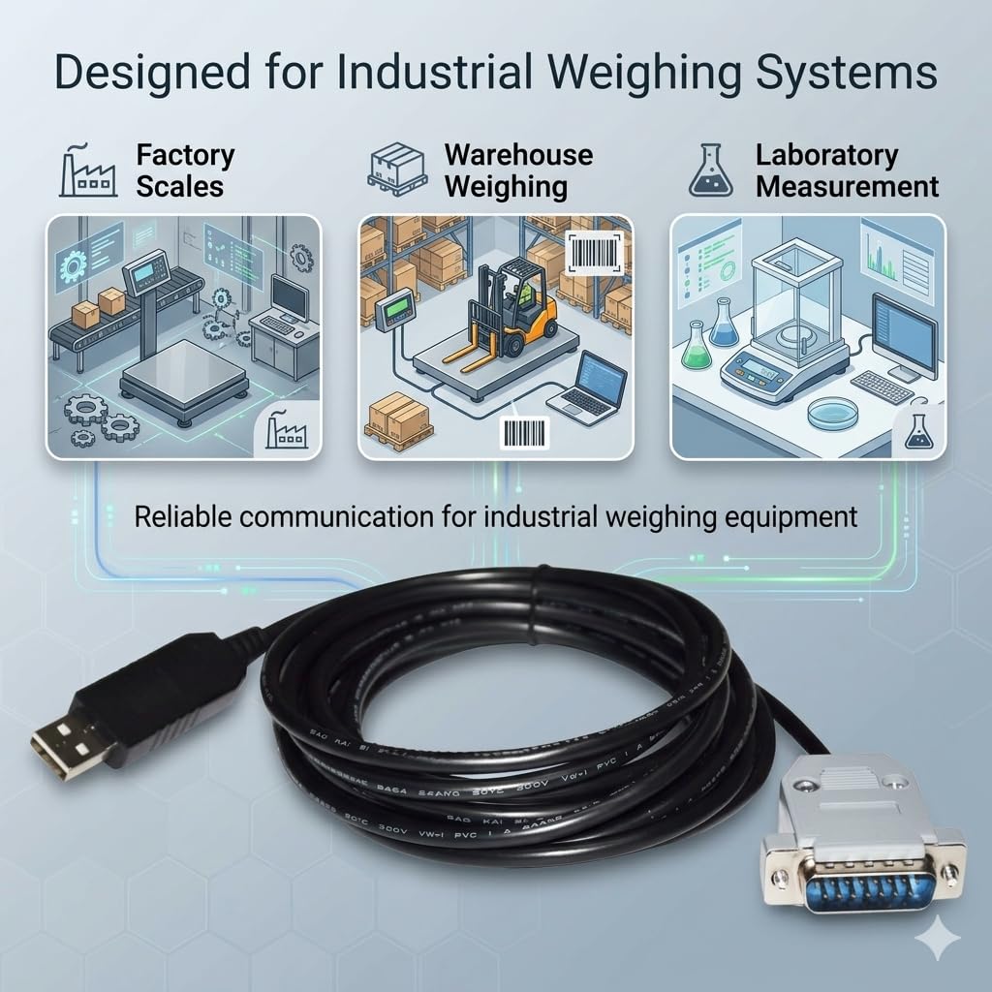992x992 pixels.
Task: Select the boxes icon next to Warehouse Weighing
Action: [398, 170]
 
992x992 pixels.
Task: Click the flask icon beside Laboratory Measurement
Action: [710, 170]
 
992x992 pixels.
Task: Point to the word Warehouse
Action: [518, 155]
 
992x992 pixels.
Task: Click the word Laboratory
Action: [826, 155]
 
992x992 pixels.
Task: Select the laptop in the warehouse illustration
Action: [586, 387]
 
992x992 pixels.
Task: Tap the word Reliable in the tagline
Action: [182, 516]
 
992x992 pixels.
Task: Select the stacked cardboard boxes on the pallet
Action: [398, 420]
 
